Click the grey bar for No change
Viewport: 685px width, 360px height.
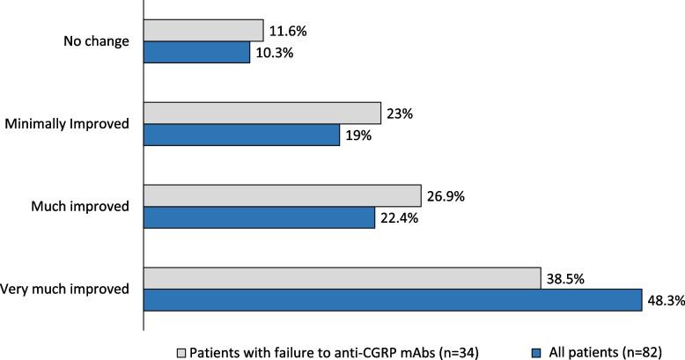coord(203,31)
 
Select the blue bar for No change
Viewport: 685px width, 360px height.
coord(197,53)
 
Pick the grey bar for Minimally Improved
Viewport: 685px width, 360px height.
coord(262,113)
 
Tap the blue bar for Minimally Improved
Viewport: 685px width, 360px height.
coord(242,135)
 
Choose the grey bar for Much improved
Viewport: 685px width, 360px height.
coord(283,195)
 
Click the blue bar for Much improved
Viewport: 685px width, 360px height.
coord(259,217)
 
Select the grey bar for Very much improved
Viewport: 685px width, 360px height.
coord(342,278)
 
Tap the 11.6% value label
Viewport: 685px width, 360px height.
coord(287,31)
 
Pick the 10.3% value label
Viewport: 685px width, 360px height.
coord(274,54)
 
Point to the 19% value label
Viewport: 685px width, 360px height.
coord(357,136)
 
